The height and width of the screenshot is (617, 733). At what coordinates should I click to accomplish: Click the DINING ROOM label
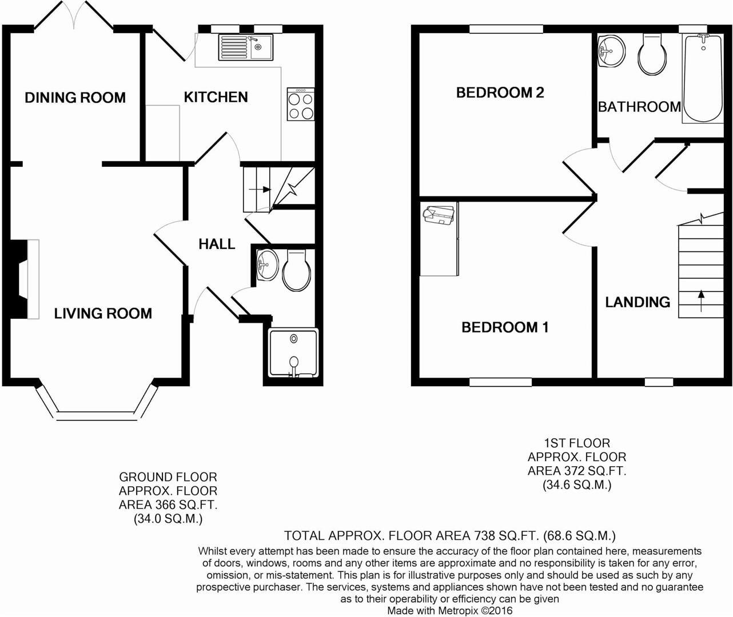coord(75,98)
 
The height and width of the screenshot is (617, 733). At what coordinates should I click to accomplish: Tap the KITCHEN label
coord(216,97)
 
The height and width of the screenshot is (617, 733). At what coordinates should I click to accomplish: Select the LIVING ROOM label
coord(103,313)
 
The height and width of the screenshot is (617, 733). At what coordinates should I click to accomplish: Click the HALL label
coord(217,244)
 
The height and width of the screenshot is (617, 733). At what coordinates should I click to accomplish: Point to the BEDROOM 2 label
coord(500,93)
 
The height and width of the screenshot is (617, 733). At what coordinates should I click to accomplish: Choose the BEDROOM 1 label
coord(505,327)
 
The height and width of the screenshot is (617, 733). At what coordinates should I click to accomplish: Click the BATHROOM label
coord(639,107)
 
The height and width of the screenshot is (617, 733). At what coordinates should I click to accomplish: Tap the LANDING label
coord(638,302)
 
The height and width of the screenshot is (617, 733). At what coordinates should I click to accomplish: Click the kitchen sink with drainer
coord(246,47)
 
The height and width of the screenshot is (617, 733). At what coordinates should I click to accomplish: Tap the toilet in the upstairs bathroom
coord(652,54)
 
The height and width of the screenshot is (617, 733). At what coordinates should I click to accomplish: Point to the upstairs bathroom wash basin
coord(612,51)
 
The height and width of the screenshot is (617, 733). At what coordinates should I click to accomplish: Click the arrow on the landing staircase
coord(701,301)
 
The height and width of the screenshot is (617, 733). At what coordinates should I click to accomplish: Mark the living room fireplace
coord(27,278)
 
